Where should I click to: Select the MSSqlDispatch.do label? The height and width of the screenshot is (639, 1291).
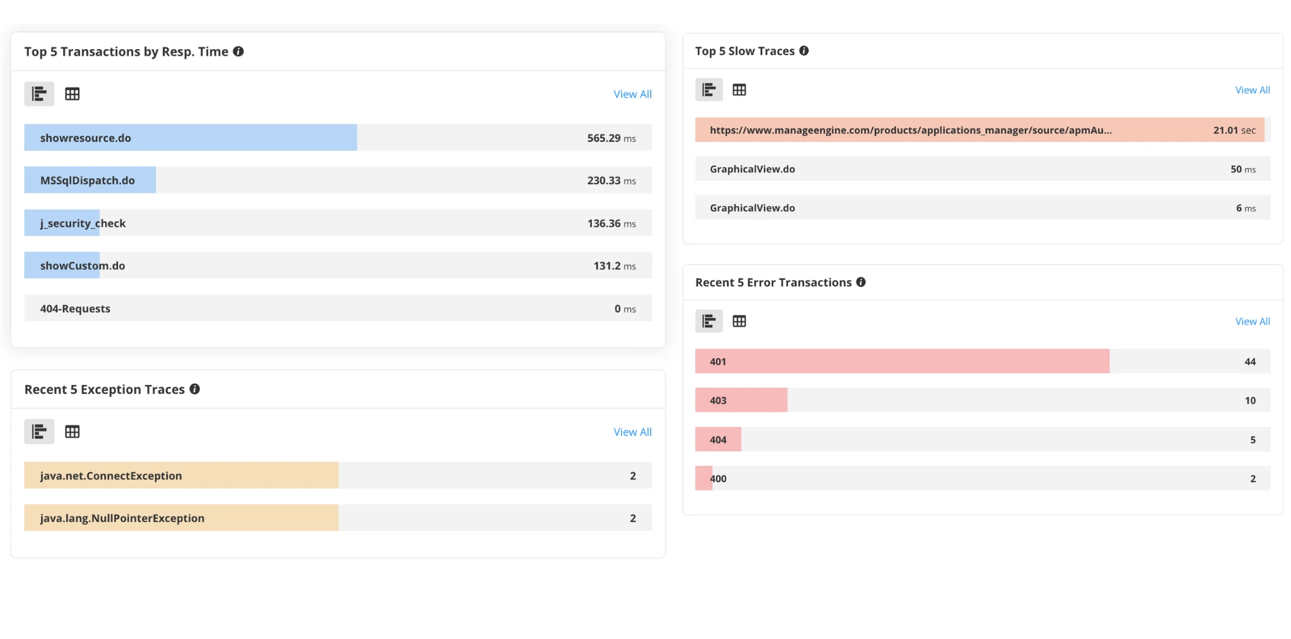tap(88, 180)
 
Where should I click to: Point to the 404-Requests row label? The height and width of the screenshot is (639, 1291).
tap(75, 309)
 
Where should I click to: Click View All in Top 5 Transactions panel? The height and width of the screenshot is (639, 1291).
tap(632, 94)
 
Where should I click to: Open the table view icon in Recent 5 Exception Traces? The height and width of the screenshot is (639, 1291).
tap(72, 432)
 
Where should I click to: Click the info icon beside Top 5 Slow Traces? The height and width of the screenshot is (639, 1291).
tap(804, 51)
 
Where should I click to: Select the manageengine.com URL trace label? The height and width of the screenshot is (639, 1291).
tap(910, 130)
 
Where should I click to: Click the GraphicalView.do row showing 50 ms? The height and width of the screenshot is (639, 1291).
tap(752, 169)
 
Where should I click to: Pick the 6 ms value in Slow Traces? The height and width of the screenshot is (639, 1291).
tap(1245, 208)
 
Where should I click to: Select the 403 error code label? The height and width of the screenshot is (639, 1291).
tap(718, 400)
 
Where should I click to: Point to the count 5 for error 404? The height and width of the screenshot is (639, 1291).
tap(1253, 440)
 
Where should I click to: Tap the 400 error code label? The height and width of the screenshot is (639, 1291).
tap(718, 478)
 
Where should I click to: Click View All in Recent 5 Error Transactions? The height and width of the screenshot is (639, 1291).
tap(1252, 321)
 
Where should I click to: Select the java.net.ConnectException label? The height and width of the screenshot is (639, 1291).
tap(111, 476)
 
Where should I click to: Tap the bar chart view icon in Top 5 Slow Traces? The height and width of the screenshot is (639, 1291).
tap(709, 90)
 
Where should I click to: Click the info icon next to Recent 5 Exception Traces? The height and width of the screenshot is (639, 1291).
tap(195, 389)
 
